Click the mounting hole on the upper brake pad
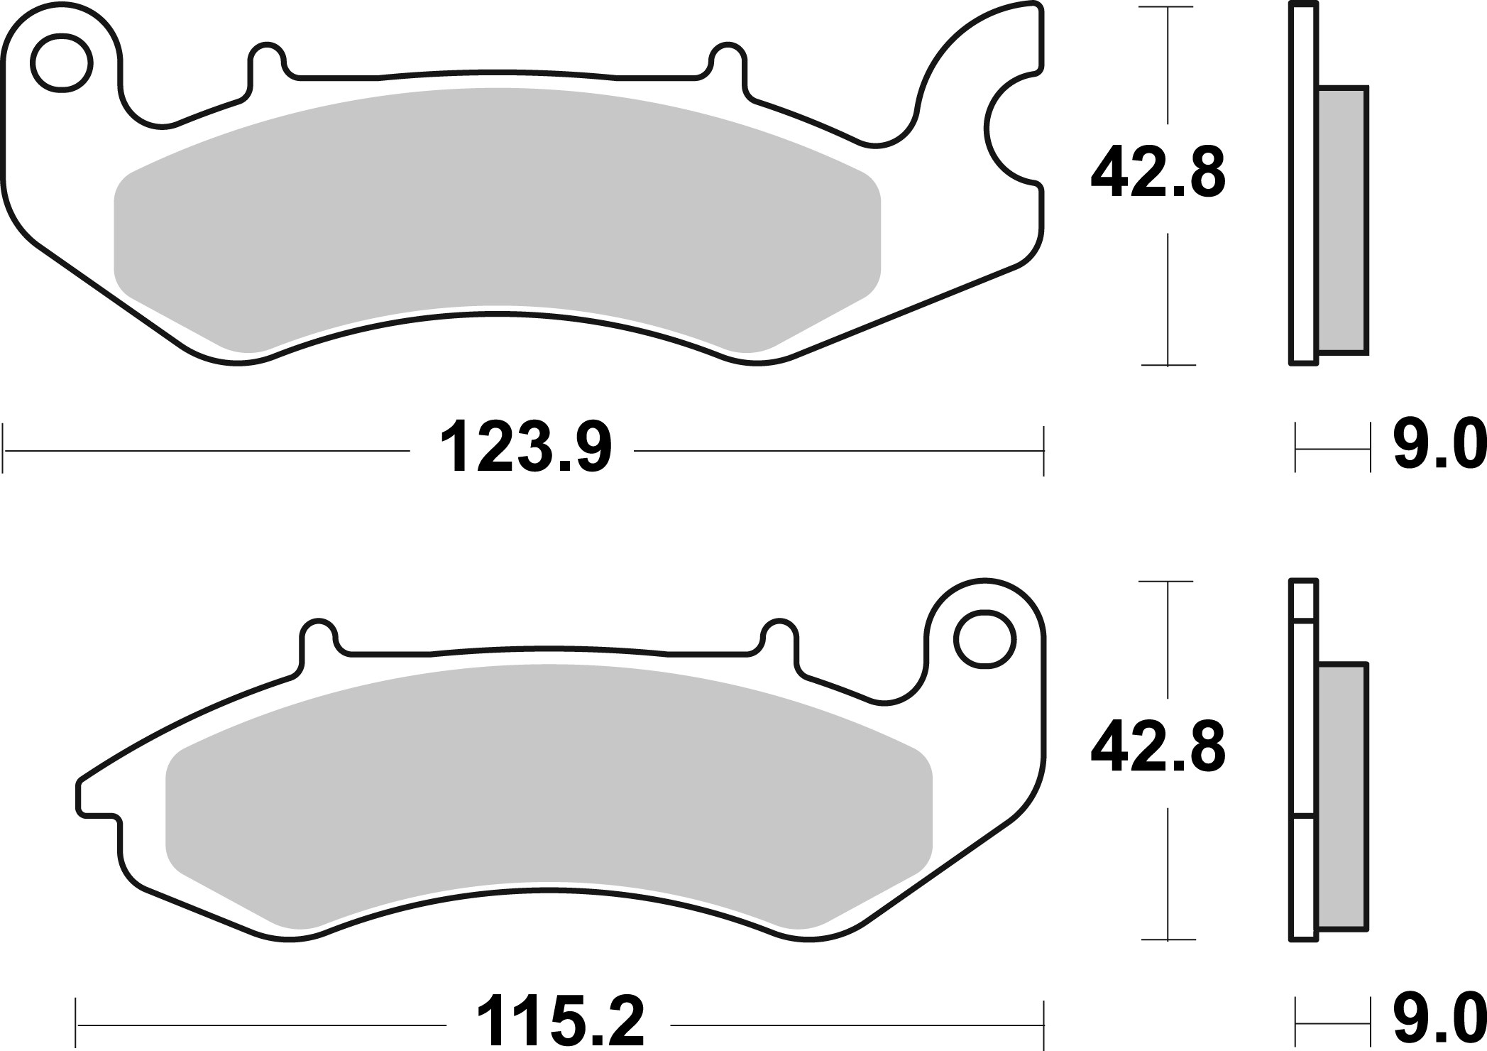62,62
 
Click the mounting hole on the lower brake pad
984,639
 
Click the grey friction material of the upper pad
497,213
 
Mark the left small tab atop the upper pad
267,60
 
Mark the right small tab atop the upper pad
726,60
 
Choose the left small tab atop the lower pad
318,636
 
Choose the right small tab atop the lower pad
778,636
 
